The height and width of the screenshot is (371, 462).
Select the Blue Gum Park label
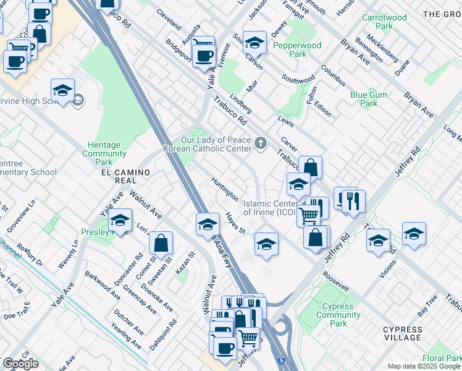(x=364, y=99)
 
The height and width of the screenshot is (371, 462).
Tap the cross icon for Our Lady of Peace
(x=261, y=145)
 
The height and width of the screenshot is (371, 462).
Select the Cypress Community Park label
(x=338, y=315)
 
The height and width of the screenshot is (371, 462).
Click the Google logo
(x=21, y=364)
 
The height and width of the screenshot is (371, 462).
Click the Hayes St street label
(x=235, y=223)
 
